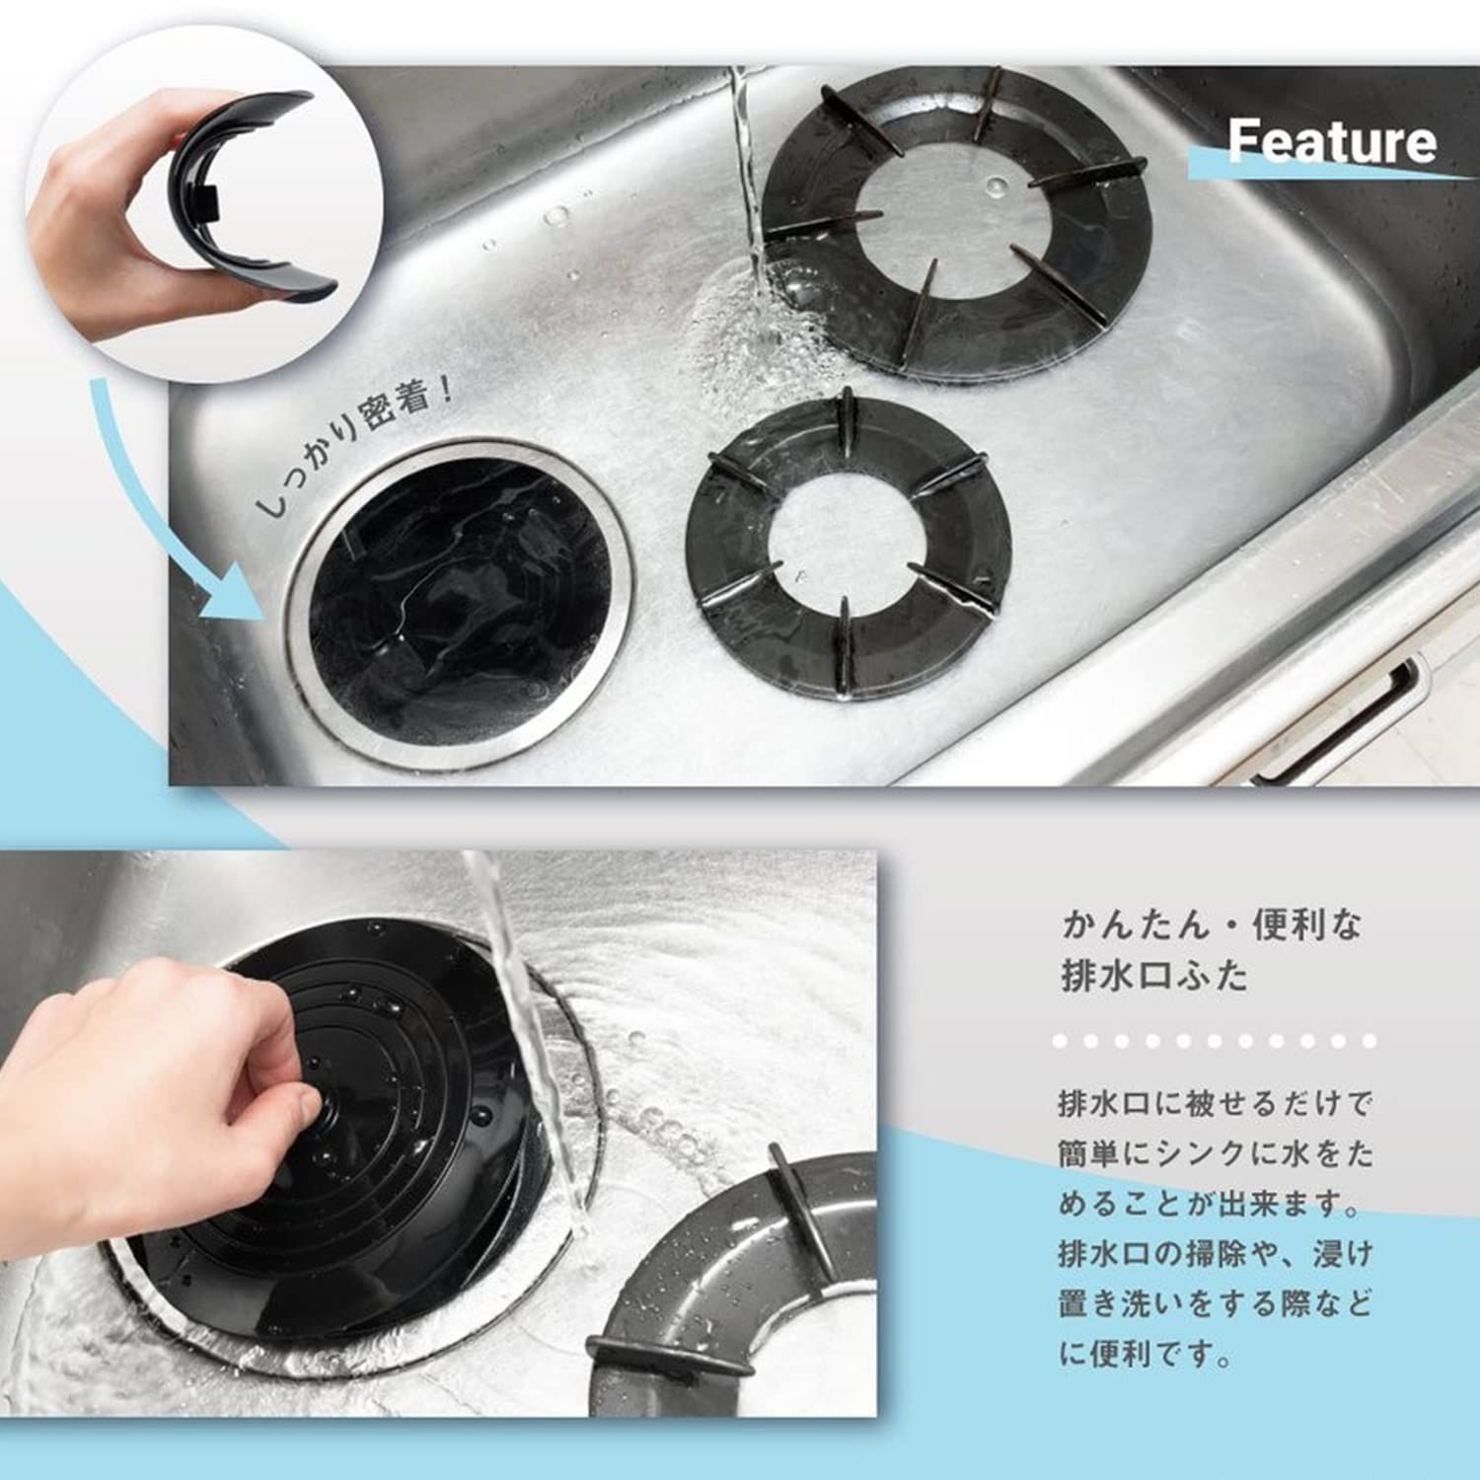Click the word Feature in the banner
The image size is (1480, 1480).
[x=1332, y=141]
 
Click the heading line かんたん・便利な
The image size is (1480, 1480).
[x=1212, y=925]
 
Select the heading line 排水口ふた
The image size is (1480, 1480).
[x=1154, y=976]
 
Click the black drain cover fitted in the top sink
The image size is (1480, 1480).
[x=460, y=601]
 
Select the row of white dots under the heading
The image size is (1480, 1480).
[x=1214, y=1041]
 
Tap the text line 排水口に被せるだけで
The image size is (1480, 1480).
[x=1215, y=1102]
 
